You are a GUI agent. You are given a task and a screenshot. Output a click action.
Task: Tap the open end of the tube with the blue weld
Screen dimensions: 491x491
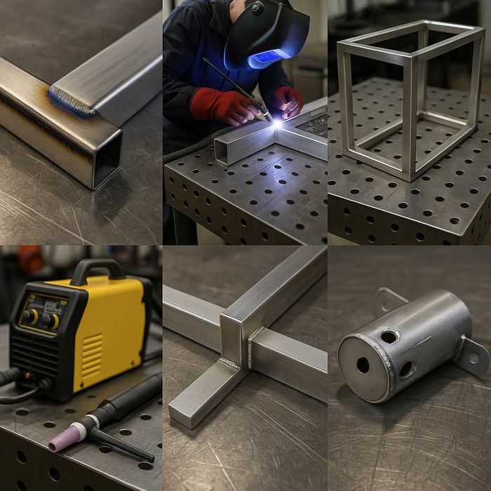point(107,159)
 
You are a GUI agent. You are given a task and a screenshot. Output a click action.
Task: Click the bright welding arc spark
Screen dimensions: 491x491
point(278,123)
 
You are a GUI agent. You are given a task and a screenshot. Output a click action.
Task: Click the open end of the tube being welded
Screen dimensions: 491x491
point(221,153)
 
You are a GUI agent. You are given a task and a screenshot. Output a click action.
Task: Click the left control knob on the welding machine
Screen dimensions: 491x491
point(30,316)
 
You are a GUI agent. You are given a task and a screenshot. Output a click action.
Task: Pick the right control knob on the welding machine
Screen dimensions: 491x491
point(51,321)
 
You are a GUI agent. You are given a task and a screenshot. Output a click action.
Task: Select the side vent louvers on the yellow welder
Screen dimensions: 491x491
point(92,351)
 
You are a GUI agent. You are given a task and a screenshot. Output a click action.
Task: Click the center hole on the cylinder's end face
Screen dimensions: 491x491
point(363,365)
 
